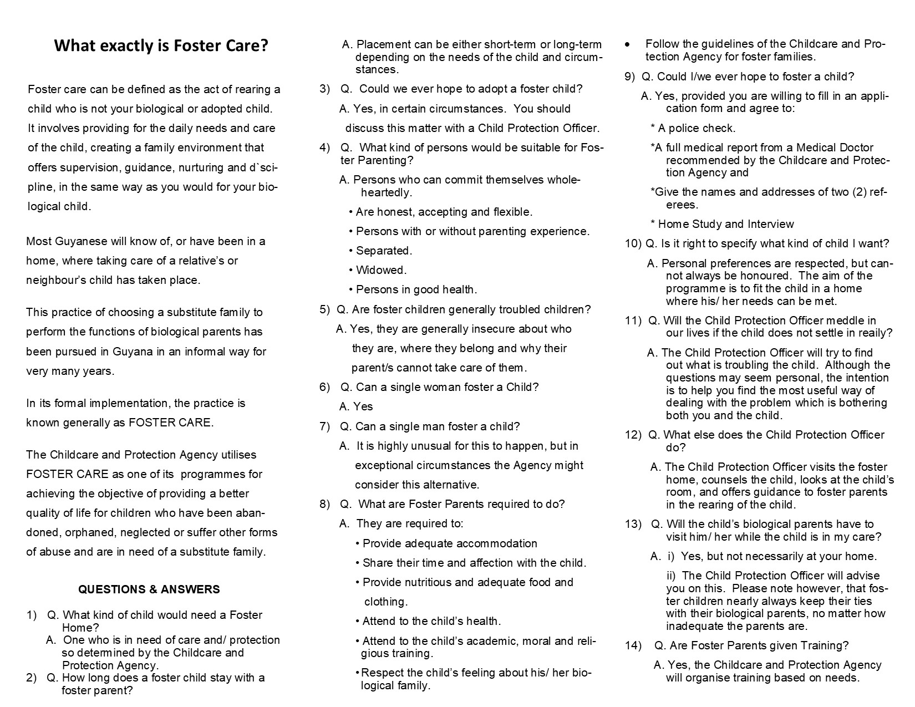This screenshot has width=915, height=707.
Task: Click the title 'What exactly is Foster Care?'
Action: point(161,45)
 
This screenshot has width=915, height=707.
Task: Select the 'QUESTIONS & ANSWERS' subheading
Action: point(149,589)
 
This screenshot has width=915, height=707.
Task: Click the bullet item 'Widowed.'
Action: point(381,270)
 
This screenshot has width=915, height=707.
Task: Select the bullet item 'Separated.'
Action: point(384,251)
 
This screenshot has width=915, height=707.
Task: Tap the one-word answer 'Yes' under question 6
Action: point(363,406)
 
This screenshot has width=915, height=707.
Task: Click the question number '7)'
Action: point(324,426)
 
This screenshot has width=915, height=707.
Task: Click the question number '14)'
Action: point(633,645)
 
